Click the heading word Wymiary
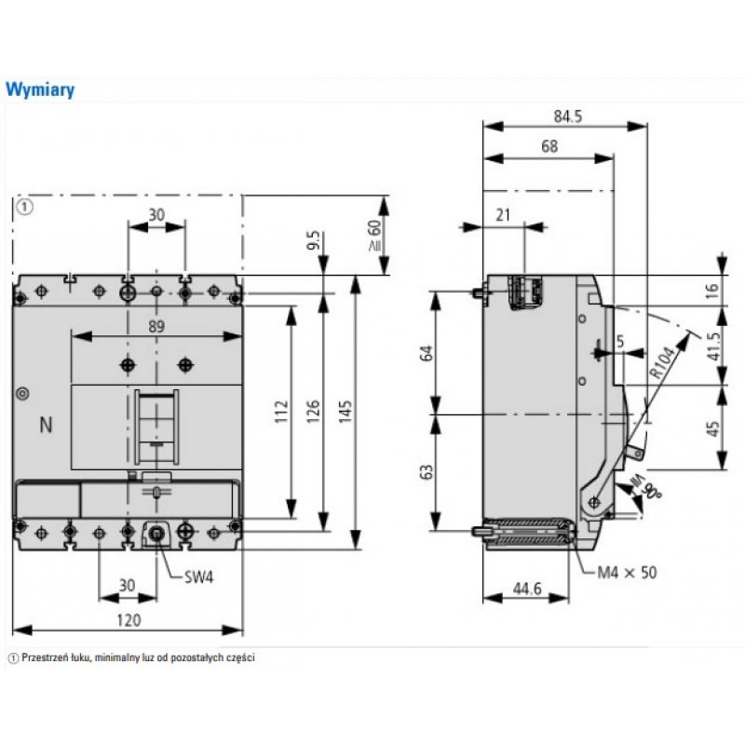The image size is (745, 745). click(40, 90)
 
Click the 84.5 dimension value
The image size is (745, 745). click(567, 116)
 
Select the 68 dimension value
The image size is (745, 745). click(549, 146)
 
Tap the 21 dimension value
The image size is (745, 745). click(504, 214)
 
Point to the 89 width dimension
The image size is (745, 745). click(156, 326)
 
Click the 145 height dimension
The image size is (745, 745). click(345, 412)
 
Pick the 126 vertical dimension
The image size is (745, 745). click(313, 411)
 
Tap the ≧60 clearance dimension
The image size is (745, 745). click(374, 237)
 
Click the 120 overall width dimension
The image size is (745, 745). click(128, 619)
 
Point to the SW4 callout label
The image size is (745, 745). click(198, 577)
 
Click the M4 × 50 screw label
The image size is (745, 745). click(626, 572)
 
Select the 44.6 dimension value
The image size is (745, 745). click(527, 589)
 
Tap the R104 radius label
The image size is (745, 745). click(662, 360)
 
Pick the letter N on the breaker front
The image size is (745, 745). click(46, 426)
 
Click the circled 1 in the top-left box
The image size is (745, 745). click(25, 207)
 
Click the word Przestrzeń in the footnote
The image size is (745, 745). click(47, 657)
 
